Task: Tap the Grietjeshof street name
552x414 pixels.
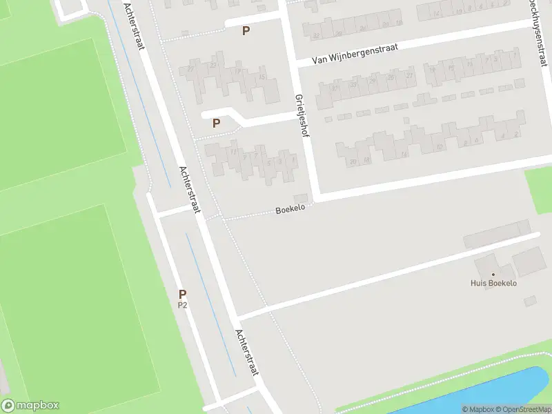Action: click(302, 116)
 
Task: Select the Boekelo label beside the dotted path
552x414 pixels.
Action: click(290, 210)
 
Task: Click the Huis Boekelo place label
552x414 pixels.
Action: click(493, 283)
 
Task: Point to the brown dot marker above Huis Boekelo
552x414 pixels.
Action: click(493, 274)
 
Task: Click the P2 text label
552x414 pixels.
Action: click(183, 304)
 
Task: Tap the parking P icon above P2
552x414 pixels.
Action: click(183, 294)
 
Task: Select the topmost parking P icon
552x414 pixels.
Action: click(246, 30)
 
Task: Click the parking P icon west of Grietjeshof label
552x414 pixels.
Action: click(216, 124)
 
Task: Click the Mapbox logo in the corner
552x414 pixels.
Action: click(30, 406)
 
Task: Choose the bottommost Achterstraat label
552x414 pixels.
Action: click(246, 352)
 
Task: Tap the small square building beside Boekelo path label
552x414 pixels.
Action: click(301, 199)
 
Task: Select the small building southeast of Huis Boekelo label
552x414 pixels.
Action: click(530, 302)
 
